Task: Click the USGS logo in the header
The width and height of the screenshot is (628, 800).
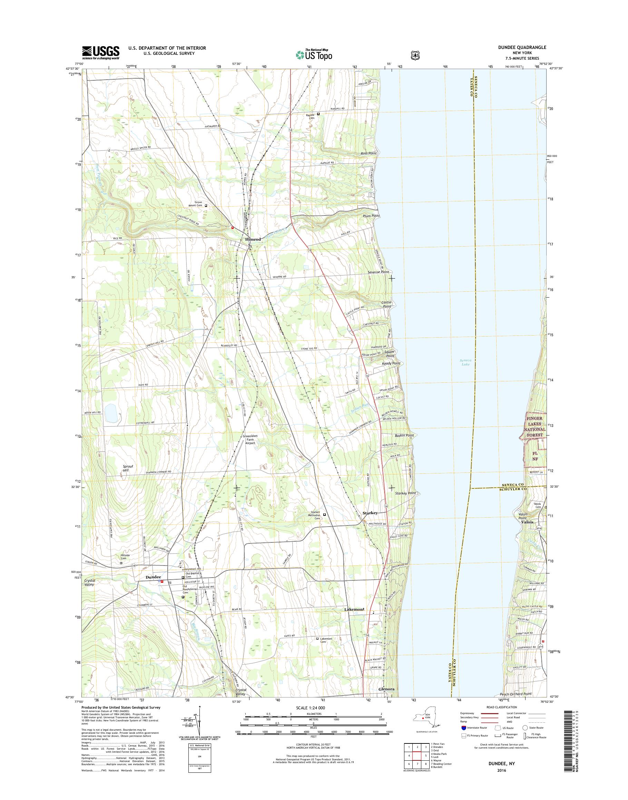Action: coord(100,52)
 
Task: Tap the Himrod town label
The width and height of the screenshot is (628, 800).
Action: coord(253,239)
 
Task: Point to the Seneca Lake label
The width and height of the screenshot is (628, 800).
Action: coord(465,362)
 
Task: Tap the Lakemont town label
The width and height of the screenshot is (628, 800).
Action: coord(354,609)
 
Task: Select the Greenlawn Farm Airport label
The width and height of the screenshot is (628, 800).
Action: coord(250,440)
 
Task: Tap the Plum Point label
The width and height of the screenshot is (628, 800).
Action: coord(371,216)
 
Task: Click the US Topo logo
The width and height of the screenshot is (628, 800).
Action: coord(314,55)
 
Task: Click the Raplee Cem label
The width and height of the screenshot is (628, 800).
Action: coord(311,116)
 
